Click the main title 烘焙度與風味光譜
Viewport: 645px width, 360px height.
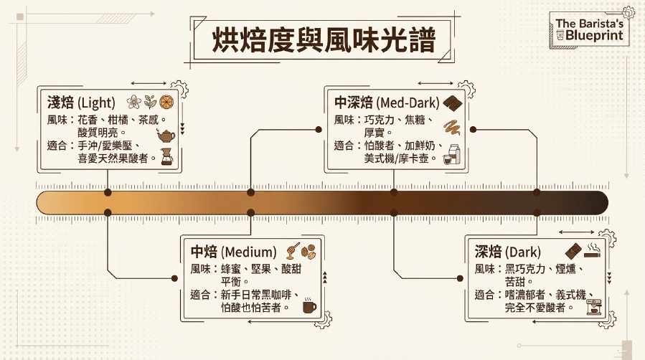324,40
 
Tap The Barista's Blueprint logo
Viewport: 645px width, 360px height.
589,29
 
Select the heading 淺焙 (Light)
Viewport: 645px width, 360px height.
81,103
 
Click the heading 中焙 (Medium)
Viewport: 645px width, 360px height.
233,252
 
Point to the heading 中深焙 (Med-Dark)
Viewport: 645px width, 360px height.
387,103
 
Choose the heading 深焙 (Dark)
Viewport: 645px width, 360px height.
508,252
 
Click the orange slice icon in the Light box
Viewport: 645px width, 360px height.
166,102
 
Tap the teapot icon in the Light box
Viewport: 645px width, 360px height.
166,136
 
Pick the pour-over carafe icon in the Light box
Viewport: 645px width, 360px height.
166,156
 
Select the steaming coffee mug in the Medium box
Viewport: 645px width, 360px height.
309,305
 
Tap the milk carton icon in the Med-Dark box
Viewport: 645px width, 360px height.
454,154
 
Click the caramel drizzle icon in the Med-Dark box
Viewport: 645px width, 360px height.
452,128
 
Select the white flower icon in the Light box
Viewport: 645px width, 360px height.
133,102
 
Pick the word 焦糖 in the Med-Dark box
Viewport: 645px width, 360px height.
415,120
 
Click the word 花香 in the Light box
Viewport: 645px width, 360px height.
88,120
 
